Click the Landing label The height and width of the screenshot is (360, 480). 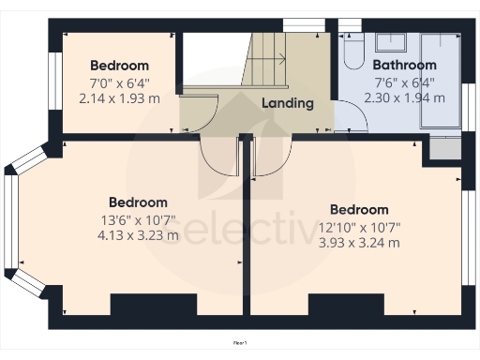coord(287,103)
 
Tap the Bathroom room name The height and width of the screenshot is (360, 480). coord(404,66)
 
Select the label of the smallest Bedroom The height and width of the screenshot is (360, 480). coord(119,66)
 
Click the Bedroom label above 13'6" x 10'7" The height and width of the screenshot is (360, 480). coord(138,202)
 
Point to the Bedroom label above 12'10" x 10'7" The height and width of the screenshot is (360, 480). coord(359,210)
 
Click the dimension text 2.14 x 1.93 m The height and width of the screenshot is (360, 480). coord(119,97)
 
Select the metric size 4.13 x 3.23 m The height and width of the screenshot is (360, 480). coord(138,235)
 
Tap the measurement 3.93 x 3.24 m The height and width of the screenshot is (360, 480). coord(359,243)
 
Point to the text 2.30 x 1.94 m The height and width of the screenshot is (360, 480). coord(404,97)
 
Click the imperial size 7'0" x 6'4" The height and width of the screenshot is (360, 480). coord(119,82)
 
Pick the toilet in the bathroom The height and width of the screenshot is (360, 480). coord(352,53)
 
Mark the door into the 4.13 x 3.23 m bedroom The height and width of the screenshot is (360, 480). coord(217,159)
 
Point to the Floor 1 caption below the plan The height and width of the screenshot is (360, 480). coord(240,344)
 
